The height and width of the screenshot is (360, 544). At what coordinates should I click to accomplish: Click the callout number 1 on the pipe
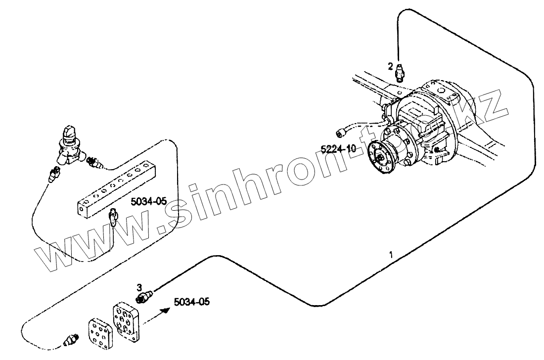tap(391, 256)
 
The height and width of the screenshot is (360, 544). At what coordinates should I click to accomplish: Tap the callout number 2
tap(391, 65)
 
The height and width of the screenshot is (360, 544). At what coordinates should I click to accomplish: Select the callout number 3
tap(140, 287)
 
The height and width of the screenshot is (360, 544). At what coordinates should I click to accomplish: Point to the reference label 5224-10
tap(338, 148)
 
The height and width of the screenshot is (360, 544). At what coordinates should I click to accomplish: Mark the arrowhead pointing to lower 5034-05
tap(167, 310)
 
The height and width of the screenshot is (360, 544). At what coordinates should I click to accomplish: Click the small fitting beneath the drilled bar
tap(113, 217)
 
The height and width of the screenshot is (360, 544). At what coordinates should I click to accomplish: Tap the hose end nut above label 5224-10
tap(339, 132)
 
